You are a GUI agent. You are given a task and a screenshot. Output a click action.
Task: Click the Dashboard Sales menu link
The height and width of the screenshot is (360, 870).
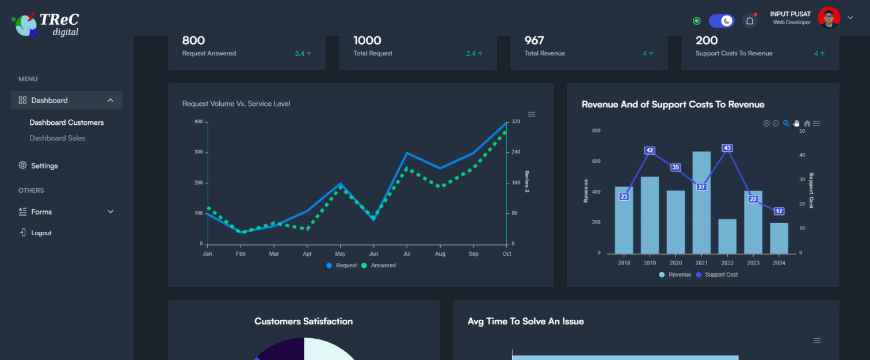(x=57, y=138)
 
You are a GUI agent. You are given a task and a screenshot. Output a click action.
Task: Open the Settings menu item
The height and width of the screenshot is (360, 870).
(x=44, y=166)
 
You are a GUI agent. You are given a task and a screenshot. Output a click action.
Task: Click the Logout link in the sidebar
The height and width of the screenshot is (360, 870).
(x=41, y=233)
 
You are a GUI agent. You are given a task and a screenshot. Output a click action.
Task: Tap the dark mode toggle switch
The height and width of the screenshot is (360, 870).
(x=721, y=21)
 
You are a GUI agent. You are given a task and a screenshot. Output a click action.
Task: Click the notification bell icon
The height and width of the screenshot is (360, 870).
(x=750, y=21)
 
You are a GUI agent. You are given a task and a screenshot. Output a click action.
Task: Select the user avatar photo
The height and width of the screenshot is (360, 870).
(x=829, y=18)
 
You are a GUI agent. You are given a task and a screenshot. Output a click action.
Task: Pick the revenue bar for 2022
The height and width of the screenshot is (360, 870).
(x=727, y=236)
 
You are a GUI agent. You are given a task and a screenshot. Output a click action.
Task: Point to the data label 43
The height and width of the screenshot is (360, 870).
(x=727, y=148)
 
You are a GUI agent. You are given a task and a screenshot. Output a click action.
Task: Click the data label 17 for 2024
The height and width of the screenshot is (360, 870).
(x=779, y=211)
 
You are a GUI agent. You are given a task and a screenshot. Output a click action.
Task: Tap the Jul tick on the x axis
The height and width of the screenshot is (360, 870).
(x=407, y=254)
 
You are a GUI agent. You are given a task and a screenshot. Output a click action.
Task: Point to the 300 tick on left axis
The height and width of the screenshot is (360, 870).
(x=199, y=152)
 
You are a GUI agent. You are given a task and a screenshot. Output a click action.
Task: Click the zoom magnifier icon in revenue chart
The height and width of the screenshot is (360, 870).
(x=786, y=123)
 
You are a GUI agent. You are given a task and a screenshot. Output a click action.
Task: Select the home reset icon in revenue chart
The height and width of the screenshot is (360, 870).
(x=807, y=123)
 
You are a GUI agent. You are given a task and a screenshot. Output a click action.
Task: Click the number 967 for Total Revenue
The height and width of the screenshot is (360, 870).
(x=535, y=40)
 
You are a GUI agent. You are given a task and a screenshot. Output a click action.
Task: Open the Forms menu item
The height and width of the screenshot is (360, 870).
(x=41, y=212)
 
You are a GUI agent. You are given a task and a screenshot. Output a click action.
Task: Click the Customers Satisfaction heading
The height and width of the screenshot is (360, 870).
(x=303, y=321)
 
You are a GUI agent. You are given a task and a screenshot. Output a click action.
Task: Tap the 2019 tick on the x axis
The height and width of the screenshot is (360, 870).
(x=650, y=263)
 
